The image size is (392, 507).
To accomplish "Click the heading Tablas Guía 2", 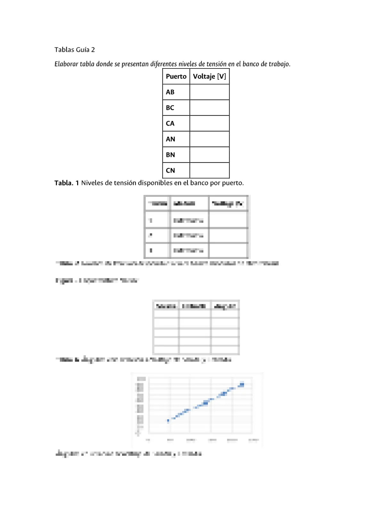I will click(75, 50).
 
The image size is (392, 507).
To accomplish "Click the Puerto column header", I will click(176, 76).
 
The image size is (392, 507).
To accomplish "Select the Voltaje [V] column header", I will click(209, 76).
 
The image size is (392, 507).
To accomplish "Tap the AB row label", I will click(170, 92).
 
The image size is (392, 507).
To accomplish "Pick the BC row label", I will click(170, 108).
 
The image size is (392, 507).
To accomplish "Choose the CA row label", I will click(170, 124).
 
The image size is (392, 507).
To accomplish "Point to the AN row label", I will click(170, 139).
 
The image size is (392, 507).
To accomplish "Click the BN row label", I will click(170, 155).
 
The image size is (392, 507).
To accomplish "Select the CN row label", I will click(170, 171).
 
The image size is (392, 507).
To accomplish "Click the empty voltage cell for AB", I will click(209, 92).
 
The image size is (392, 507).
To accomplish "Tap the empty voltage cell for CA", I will click(209, 124).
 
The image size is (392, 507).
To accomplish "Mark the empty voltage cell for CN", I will click(209, 171).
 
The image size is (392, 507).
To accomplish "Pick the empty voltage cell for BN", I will click(209, 155).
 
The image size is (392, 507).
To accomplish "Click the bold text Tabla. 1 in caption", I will click(67, 183).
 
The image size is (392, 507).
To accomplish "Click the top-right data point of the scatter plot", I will click(242, 384).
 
